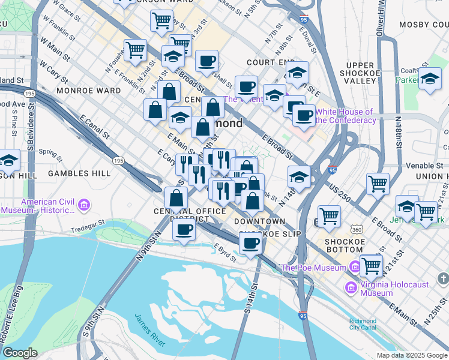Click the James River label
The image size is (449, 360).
149,329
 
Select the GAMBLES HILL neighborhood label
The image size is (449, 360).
79,173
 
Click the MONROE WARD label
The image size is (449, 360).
80,91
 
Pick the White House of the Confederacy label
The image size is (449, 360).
345,116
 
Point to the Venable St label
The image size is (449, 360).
424,165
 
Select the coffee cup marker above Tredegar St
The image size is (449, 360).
184,229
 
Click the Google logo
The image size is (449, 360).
20,353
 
